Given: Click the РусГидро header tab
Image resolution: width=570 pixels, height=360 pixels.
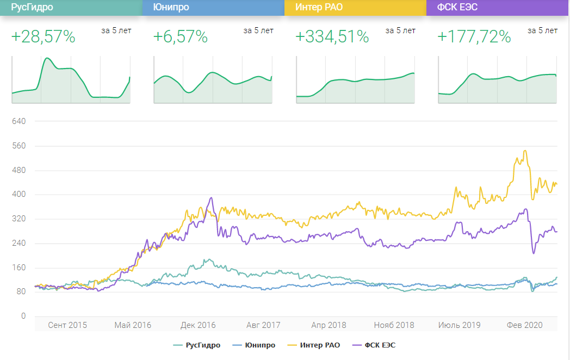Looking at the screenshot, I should click(71, 8).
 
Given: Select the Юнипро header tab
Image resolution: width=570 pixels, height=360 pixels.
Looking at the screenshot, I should click(213, 8).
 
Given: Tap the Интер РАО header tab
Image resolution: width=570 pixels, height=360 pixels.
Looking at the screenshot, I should click(355, 8).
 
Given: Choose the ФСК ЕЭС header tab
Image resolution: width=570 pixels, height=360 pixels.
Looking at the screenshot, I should click(498, 8).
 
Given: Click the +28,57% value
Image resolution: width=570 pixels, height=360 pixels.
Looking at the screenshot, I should click(43, 37).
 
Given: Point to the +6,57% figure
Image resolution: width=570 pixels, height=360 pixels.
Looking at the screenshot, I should click(181, 37).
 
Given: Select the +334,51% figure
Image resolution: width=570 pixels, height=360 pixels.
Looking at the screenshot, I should click(332, 37).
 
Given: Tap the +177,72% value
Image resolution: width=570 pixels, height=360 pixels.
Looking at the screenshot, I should click(474, 37).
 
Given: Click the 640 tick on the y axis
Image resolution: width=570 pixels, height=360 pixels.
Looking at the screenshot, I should click(18, 121).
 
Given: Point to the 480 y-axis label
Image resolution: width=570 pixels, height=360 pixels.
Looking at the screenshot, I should click(18, 170).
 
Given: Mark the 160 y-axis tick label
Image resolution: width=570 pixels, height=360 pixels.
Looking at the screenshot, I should click(18, 268).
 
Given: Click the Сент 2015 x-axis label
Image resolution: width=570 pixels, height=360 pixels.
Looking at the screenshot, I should click(67, 325).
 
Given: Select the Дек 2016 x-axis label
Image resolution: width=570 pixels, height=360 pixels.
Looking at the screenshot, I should click(197, 325).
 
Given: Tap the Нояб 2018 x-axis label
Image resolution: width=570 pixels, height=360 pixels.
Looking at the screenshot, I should click(394, 325).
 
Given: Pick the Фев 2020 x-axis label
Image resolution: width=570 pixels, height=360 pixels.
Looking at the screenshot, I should click(525, 325).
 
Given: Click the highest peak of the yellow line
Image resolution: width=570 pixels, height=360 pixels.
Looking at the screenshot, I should click(525, 151).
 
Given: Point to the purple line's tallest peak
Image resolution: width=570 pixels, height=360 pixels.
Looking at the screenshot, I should click(212, 197).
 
